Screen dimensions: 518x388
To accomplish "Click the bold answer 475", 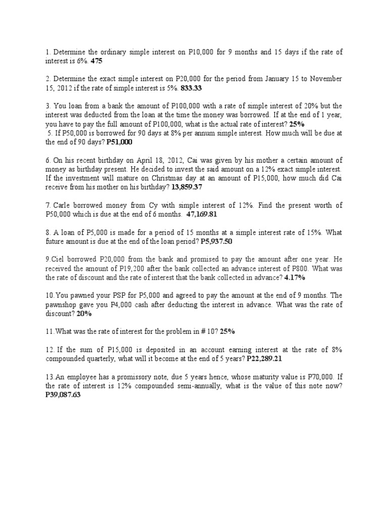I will point(98,61).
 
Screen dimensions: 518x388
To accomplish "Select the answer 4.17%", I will point(295,278).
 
